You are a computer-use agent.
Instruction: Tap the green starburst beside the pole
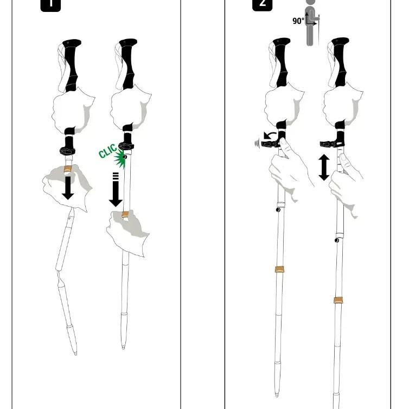[120, 158]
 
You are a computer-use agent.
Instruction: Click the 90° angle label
[298, 21]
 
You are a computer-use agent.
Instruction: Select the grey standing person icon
[310, 23]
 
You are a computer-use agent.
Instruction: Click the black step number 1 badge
[50, 5]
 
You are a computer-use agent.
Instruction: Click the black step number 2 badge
[263, 5]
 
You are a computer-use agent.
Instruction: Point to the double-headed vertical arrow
[324, 167]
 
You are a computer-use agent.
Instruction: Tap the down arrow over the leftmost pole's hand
[68, 188]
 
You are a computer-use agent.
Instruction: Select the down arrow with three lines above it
[116, 190]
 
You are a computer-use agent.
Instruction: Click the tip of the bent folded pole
[75, 354]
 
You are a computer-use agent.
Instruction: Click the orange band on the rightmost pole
[338, 300]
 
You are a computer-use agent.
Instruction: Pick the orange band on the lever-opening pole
[279, 270]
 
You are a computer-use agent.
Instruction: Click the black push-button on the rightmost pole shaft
[337, 240]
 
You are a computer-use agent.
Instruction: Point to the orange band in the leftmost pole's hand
[68, 169]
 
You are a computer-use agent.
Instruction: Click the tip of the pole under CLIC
[123, 347]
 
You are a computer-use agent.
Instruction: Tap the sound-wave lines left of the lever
[257, 144]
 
